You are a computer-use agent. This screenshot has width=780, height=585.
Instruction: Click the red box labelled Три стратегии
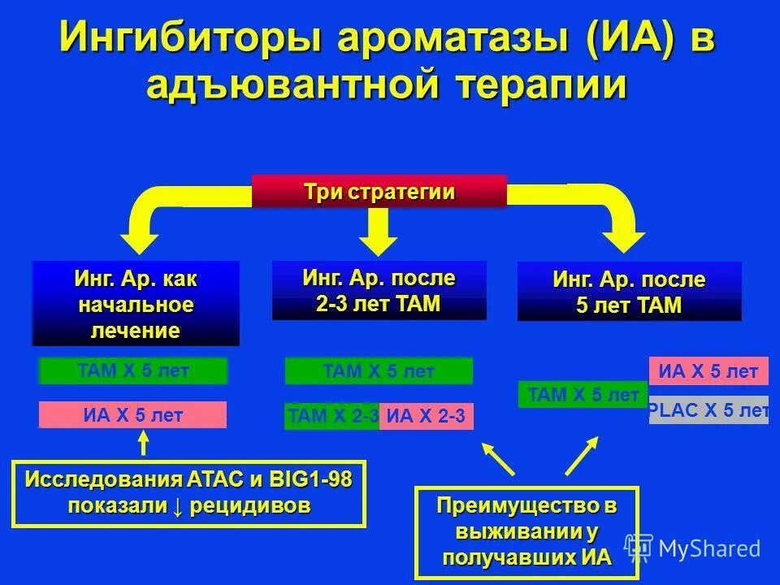pyautogui.click(x=379, y=192)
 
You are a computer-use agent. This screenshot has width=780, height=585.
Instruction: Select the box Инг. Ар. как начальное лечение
pyautogui.click(x=136, y=304)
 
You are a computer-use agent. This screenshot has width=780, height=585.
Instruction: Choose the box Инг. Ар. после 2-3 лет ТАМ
pyautogui.click(x=379, y=290)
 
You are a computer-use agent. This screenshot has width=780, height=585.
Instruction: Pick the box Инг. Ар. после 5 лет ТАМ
pyautogui.click(x=629, y=292)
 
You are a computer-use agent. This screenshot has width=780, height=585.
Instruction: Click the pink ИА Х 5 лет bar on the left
pyautogui.click(x=132, y=415)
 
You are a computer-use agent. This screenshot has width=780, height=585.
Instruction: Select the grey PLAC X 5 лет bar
pyautogui.click(x=708, y=410)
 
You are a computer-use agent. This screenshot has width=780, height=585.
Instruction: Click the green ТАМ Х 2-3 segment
pyautogui.click(x=332, y=417)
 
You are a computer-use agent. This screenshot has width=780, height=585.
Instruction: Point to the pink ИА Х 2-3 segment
pyautogui.click(x=426, y=417)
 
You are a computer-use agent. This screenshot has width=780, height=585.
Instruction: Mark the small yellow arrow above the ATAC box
pyautogui.click(x=144, y=442)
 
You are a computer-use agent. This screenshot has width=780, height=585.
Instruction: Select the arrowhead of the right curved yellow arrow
pyautogui.click(x=626, y=240)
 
